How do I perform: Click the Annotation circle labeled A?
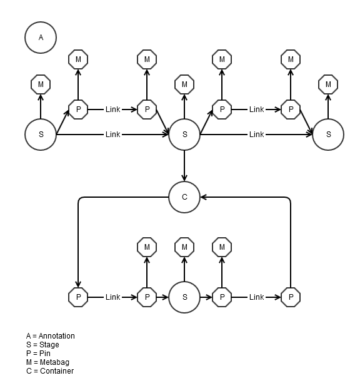pyautogui.click(x=41, y=37)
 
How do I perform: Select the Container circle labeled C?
pyautogui.click(x=184, y=197)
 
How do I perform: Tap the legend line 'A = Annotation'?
pyautogui.click(x=50, y=336)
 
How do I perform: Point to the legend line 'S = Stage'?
pyautogui.click(x=42, y=345)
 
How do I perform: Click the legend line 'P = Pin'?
pyautogui.click(x=38, y=354)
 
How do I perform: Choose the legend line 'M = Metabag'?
pyautogui.click(x=47, y=362)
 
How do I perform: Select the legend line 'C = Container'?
pyautogui.click(x=49, y=371)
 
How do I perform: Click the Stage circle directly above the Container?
pyautogui.click(x=184, y=135)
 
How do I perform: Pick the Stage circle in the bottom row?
pyautogui.click(x=184, y=297)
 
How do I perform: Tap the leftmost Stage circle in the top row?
pyautogui.click(x=41, y=135)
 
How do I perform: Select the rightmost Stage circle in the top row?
pyautogui.click(x=328, y=135)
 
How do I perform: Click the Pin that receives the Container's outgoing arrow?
pyautogui.click(x=78, y=297)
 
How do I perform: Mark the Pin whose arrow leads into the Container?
pyautogui.click(x=291, y=297)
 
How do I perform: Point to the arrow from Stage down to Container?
pyautogui.click(x=184, y=166)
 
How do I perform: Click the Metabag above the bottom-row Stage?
pyautogui.click(x=184, y=247)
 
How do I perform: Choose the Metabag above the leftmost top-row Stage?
pyautogui.click(x=41, y=84)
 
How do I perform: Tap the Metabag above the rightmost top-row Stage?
pyautogui.click(x=328, y=84)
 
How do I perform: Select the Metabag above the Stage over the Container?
pyautogui.click(x=184, y=84)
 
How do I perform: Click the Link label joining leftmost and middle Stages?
pyautogui.click(x=112, y=135)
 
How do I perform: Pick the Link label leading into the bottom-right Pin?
pyautogui.click(x=256, y=297)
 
